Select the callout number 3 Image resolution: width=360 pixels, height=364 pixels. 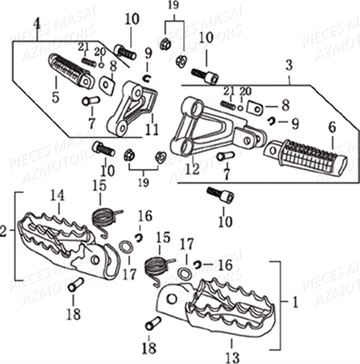point(289,64)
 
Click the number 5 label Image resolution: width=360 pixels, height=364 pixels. point(55,97)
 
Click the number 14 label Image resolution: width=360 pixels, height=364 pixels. point(57,196)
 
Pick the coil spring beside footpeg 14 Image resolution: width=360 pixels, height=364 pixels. point(105,219)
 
